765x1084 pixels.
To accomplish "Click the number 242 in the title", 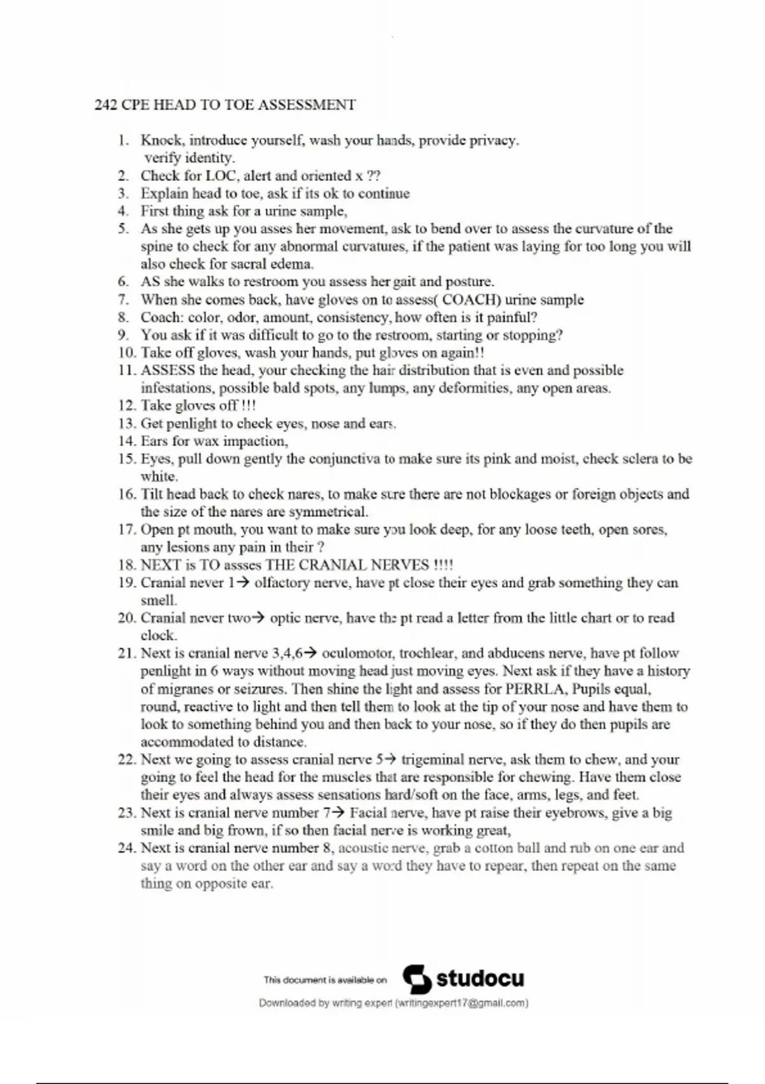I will point(106,105).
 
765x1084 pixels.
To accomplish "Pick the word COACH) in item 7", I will point(472,300).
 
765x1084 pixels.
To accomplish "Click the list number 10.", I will point(126,353).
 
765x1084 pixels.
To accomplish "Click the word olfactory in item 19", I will point(283,583).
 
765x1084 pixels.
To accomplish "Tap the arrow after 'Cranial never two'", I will point(258,618).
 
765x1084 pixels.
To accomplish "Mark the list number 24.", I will point(126,848).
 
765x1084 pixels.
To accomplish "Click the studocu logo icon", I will point(418,979).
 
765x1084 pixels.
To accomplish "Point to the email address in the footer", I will point(462,1003).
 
